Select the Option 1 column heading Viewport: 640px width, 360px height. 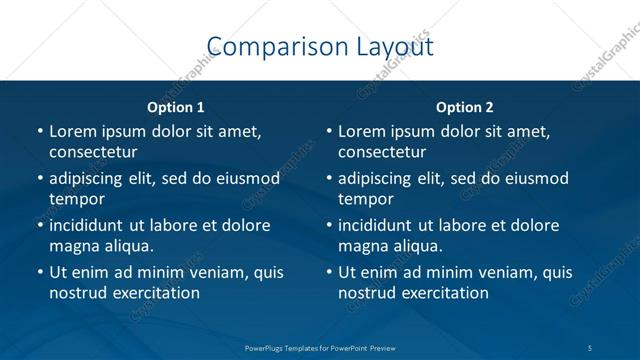pos(176,106)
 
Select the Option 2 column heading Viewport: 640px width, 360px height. pos(464,106)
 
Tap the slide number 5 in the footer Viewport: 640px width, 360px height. pos(591,347)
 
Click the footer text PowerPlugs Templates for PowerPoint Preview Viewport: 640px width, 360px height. pos(320,347)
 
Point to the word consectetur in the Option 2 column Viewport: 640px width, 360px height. pos(382,152)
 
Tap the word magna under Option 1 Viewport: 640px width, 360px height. pos(73,245)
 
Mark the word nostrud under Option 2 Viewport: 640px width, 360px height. pos(367,292)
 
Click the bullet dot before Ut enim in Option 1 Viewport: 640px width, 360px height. pos(39,272)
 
